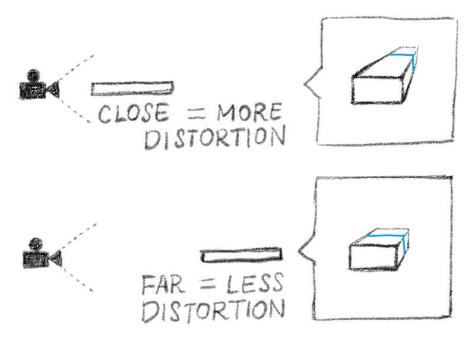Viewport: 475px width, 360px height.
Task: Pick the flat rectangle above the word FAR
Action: pyautogui.click(x=242, y=255)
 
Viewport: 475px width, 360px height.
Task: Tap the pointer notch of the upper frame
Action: pyautogui.click(x=308, y=84)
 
